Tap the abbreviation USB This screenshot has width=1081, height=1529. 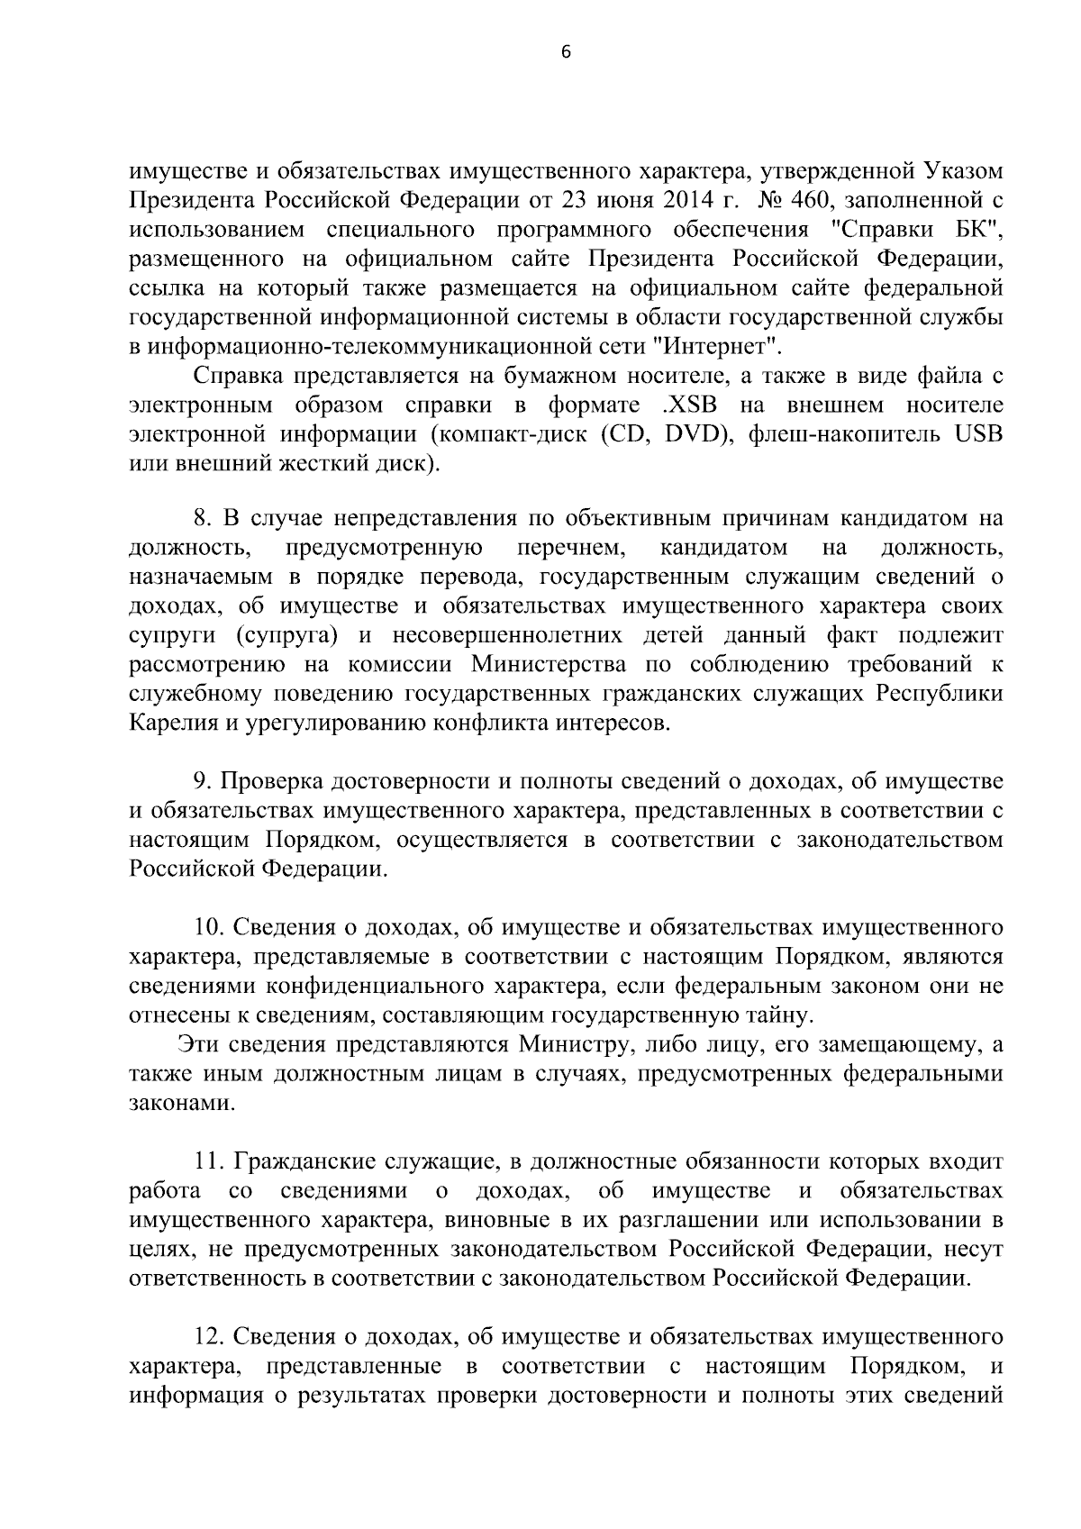977,433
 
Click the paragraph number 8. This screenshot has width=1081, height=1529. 203,519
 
